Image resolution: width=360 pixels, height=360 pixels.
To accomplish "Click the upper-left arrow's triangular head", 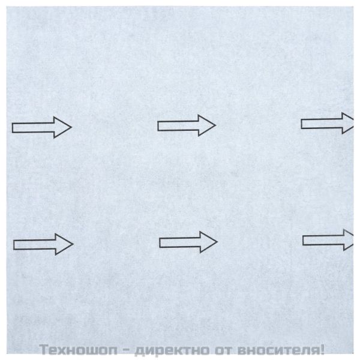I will pyautogui.click(x=62, y=127).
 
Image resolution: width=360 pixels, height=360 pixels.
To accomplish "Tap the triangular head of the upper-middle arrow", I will pyautogui.click(x=206, y=125).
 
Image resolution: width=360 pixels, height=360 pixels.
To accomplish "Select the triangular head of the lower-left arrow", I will pyautogui.click(x=64, y=244).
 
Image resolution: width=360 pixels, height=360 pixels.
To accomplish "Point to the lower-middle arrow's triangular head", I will pyautogui.click(x=208, y=242).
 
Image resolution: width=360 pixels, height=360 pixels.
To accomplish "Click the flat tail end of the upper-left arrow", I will pyautogui.click(x=14, y=127).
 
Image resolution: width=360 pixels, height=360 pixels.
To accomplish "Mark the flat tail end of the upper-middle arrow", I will pyautogui.click(x=159, y=125).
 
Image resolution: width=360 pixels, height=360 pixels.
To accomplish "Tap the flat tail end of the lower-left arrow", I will pyautogui.click(x=14, y=244).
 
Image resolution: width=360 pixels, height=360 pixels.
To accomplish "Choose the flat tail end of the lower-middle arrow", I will pyautogui.click(x=161, y=242).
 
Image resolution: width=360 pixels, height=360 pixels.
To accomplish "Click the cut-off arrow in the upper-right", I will pyautogui.click(x=327, y=124).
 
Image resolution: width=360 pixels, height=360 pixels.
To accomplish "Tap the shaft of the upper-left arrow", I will pyautogui.click(x=33, y=127).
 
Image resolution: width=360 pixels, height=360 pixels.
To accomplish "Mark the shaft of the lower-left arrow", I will pyautogui.click(x=34, y=244).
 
